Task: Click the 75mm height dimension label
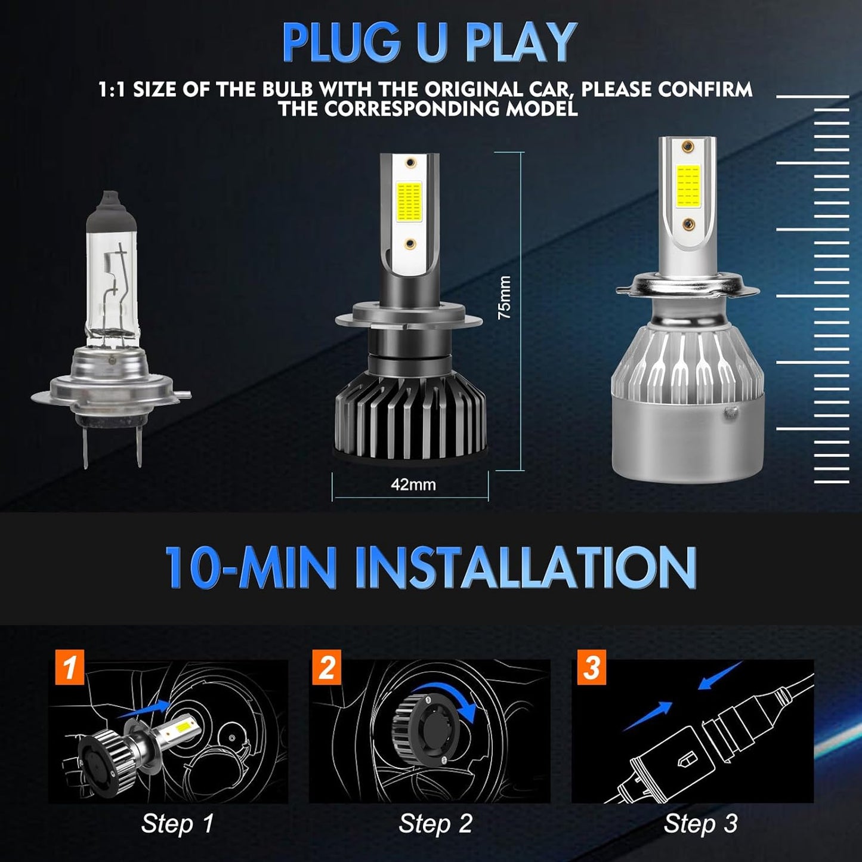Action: tap(505, 297)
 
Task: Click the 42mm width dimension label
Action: tap(413, 484)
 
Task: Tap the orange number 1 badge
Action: tap(70, 667)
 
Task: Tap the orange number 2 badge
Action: tap(327, 667)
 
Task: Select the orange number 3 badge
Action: tap(591, 667)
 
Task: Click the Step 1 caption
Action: tap(177, 824)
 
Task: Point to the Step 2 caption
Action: tap(435, 824)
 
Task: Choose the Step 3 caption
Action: tap(700, 824)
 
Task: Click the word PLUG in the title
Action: tap(340, 43)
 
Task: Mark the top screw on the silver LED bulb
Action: tap(688, 146)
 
